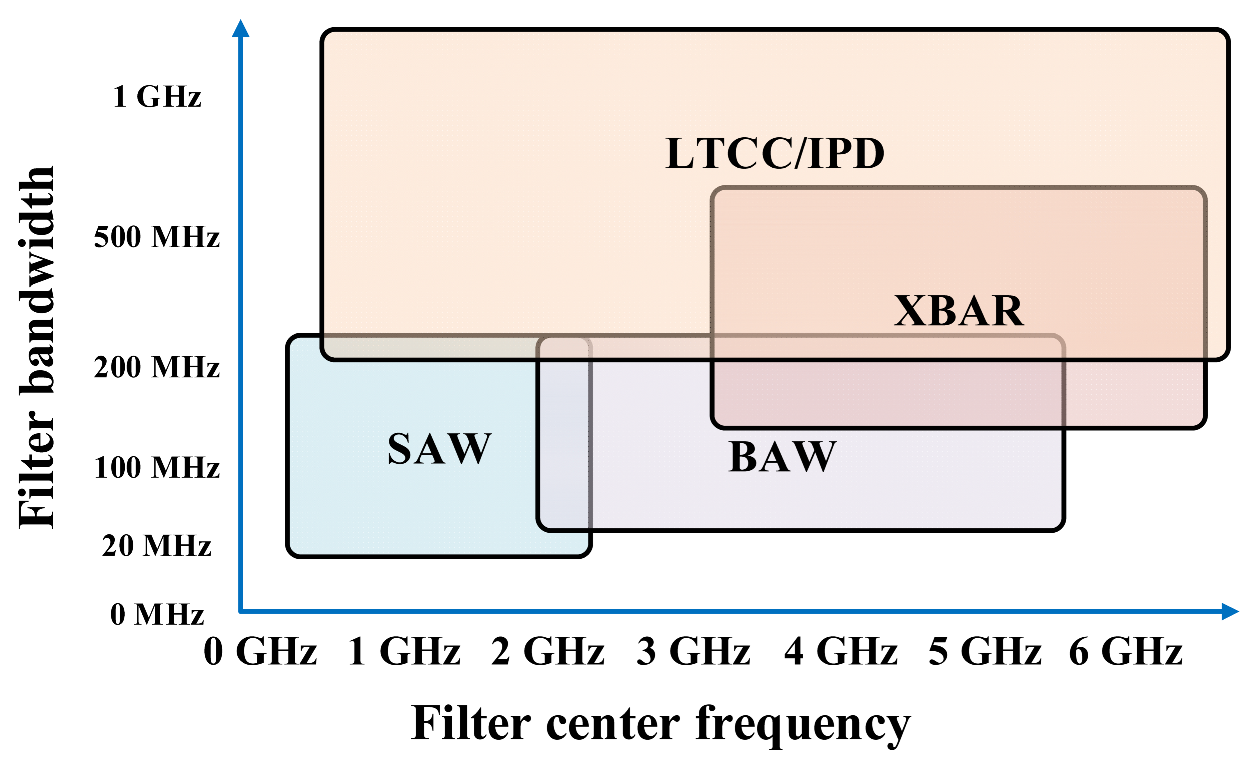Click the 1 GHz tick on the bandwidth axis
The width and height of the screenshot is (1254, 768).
tap(157, 97)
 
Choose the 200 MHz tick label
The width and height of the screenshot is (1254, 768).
tap(157, 367)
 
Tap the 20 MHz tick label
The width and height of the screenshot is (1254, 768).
tap(157, 546)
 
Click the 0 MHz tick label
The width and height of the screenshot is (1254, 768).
tap(157, 614)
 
